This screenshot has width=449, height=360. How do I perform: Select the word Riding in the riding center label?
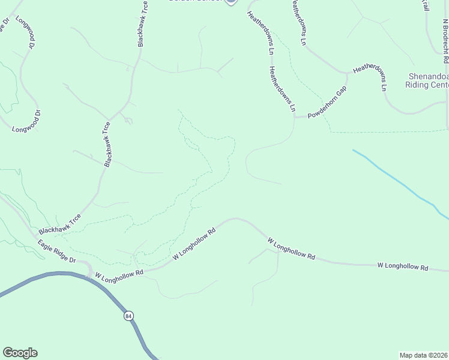click(419, 85)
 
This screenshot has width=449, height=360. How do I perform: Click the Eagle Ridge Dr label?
click(57, 251)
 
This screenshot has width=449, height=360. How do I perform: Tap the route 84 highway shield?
click(128, 316)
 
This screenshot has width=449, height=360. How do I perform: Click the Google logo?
click(20, 353)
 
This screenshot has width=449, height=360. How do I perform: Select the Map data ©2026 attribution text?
click(424, 355)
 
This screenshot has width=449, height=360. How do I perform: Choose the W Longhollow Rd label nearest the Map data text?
click(402, 266)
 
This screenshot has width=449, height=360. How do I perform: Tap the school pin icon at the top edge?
click(230, 2)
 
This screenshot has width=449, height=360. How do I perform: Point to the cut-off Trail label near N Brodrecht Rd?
click(425, 5)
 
